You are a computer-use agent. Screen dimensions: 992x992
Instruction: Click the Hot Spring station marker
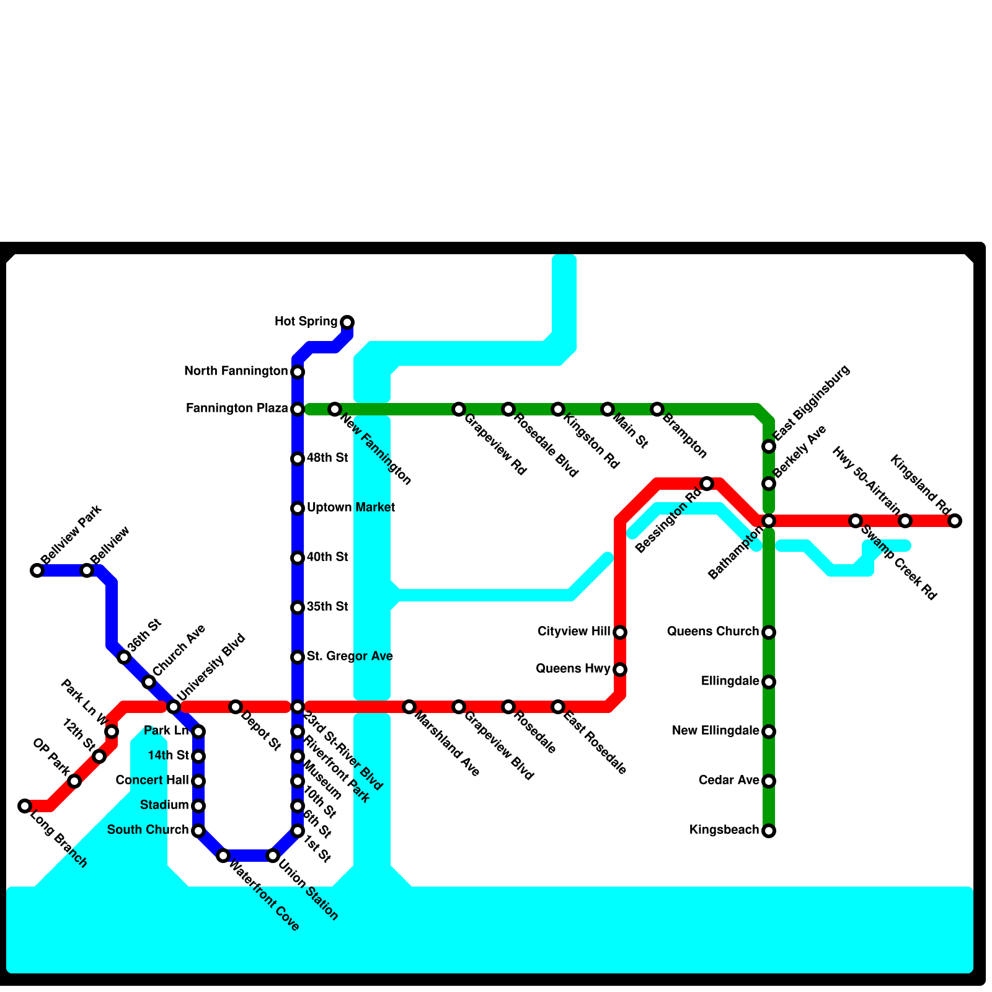click(x=347, y=322)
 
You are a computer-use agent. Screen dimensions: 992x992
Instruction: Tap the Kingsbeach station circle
click(x=769, y=831)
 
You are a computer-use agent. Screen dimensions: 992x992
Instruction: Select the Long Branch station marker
click(x=25, y=806)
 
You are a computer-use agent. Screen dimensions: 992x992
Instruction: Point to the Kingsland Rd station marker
click(x=955, y=521)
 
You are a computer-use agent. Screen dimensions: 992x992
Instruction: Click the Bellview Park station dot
click(x=37, y=570)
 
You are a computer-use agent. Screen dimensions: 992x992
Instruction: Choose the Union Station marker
click(x=273, y=856)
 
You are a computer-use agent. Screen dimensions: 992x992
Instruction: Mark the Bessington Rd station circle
click(x=707, y=484)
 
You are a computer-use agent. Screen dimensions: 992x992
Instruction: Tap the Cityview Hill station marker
click(x=620, y=632)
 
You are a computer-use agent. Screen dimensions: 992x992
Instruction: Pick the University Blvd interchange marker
click(x=174, y=707)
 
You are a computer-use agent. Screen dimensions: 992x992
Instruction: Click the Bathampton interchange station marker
click(x=769, y=521)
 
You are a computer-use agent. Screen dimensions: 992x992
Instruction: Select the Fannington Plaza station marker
click(x=298, y=409)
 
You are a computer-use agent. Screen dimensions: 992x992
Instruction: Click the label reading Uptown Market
click(x=351, y=508)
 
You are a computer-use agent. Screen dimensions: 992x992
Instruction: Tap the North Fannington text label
click(x=236, y=371)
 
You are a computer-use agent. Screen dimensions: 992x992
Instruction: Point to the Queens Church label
click(x=713, y=632)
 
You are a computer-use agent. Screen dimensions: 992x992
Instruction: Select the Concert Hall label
click(x=153, y=781)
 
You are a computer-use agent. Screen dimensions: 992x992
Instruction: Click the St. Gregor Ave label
click(x=350, y=657)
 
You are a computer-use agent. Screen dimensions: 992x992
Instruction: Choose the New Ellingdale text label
click(x=715, y=731)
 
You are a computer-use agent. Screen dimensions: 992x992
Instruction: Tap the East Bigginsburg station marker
click(x=769, y=446)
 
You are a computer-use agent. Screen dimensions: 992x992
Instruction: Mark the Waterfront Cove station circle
click(x=223, y=856)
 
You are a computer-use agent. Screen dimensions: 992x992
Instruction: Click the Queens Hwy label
click(x=573, y=669)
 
